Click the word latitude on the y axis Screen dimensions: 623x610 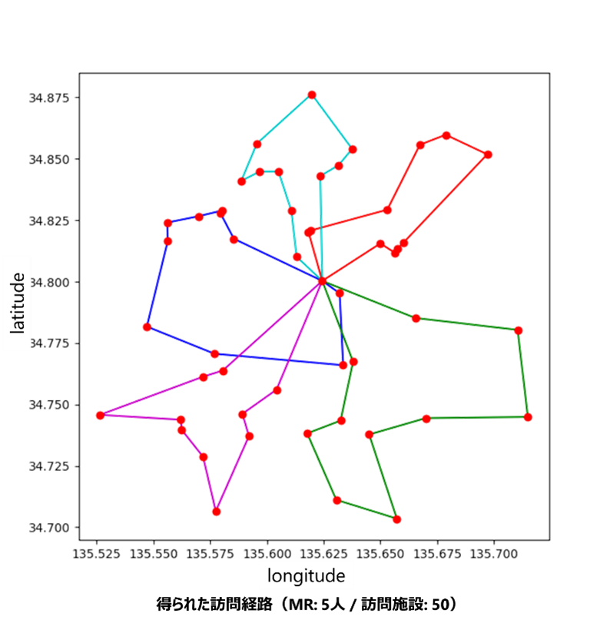pyautogui.click(x=16, y=303)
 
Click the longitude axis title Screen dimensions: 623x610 pyautogui.click(x=306, y=576)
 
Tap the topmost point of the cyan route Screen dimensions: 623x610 pyautogui.click(x=311, y=94)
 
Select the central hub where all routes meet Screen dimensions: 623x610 pyautogui.click(x=323, y=281)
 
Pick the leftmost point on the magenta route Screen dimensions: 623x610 pyautogui.click(x=100, y=415)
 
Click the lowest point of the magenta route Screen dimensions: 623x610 pyautogui.click(x=217, y=511)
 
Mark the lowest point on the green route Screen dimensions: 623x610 pyautogui.click(x=397, y=519)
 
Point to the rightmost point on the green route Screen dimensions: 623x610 pyautogui.click(x=528, y=417)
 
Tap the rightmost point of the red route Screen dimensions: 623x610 pyautogui.click(x=488, y=154)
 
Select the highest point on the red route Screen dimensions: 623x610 pyautogui.click(x=446, y=135)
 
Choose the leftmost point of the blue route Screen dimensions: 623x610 pyautogui.click(x=147, y=327)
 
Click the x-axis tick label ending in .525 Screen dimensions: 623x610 pyautogui.click(x=98, y=552)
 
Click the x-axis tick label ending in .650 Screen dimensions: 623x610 pyautogui.click(x=380, y=552)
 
